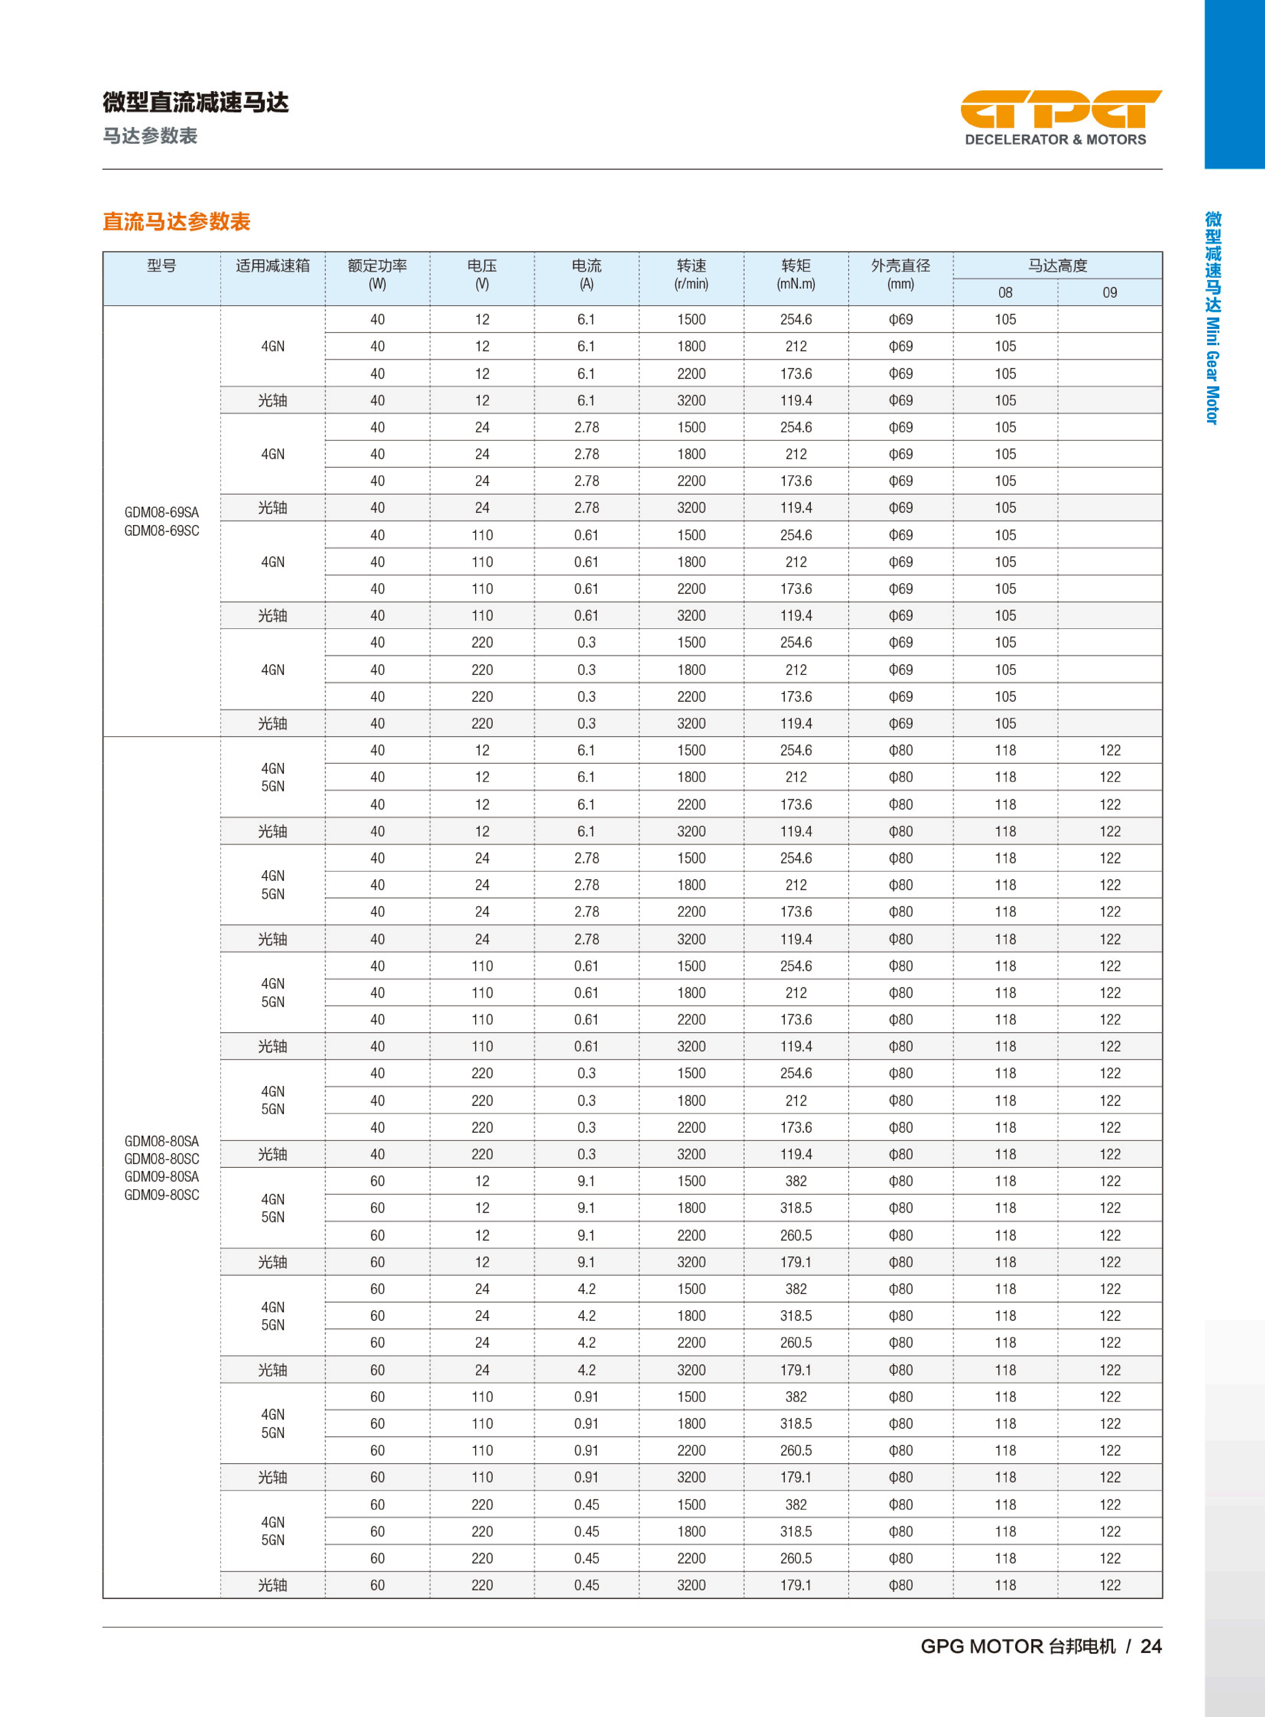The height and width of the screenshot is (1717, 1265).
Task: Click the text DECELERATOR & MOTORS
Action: [1055, 139]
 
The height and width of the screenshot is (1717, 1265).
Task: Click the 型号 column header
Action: [161, 266]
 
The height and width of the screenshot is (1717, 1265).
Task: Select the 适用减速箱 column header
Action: [272, 266]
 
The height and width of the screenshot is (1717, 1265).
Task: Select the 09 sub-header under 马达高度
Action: [1110, 293]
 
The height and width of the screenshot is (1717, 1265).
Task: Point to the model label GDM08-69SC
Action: [161, 531]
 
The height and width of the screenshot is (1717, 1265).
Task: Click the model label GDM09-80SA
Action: [161, 1177]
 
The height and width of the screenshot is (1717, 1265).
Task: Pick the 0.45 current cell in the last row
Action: [587, 1585]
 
